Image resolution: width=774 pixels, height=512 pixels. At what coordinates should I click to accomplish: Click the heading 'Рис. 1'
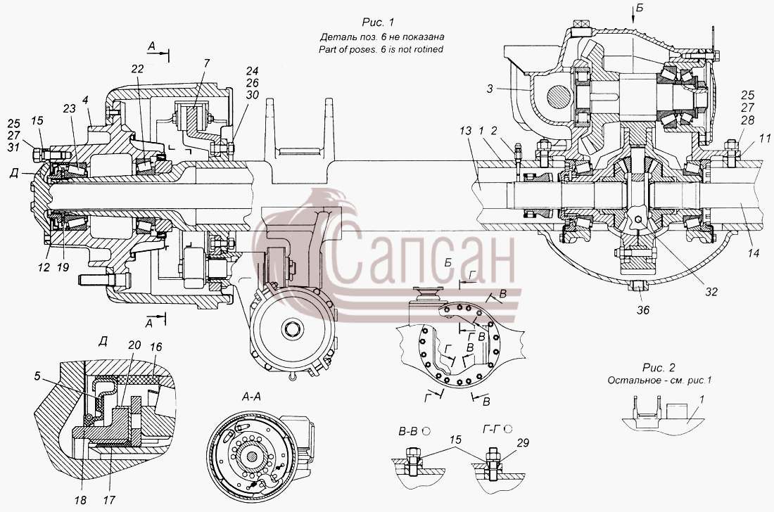tap(378, 22)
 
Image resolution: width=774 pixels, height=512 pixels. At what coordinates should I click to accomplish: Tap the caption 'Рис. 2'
tap(659, 368)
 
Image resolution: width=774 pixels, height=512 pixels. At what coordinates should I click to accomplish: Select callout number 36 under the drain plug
tap(642, 309)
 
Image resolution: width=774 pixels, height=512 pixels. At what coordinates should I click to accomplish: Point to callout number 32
tap(711, 291)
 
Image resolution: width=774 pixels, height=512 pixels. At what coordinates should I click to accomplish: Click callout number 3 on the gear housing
tap(490, 89)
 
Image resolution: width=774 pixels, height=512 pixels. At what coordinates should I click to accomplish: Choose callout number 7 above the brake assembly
tap(206, 63)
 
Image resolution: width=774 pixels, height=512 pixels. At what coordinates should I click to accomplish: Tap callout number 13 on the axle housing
tap(465, 132)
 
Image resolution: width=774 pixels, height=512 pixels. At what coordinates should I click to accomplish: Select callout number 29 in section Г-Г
tap(522, 443)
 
